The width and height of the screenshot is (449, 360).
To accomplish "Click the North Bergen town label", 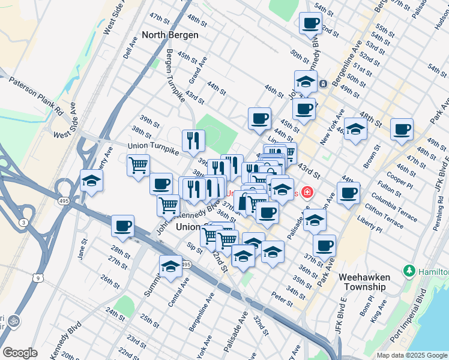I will tap(170, 35).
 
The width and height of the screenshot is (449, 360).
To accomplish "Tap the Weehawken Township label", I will tap(364, 282).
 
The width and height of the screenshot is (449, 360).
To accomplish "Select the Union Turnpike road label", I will tap(152, 146).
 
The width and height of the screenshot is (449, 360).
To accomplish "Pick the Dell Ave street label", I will tap(130, 46).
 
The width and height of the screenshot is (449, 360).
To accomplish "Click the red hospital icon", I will tap(307, 193).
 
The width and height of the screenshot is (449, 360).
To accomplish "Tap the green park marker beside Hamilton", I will tap(410, 271).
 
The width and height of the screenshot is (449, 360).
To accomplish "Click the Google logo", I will tap(20, 353).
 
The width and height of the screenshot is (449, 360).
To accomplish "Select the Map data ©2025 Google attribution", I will tap(411, 355).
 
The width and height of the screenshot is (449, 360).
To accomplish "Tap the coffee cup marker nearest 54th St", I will tap(310, 23).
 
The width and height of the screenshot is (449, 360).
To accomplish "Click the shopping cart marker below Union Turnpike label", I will tap(138, 164).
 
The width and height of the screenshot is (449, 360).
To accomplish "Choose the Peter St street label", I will tap(281, 296).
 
